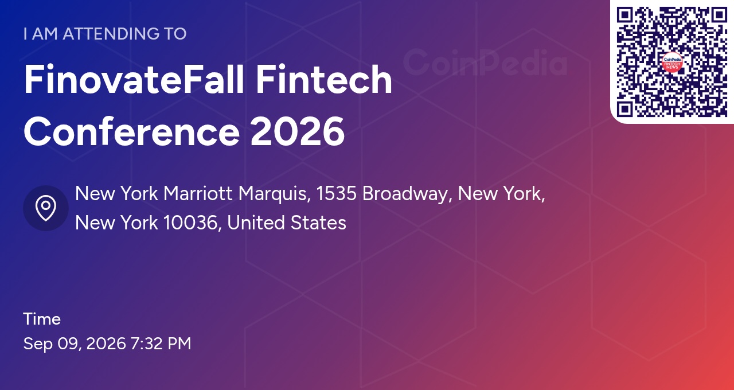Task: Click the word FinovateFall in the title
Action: pyautogui.click(x=134, y=79)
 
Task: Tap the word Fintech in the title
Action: pyautogui.click(x=324, y=79)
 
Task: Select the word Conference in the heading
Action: pyautogui.click(x=132, y=132)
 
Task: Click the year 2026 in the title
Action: pyautogui.click(x=298, y=132)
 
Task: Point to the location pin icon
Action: pyautogui.click(x=46, y=208)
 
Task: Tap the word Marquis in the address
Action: pyautogui.click(x=275, y=194)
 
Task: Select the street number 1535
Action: pyautogui.click(x=336, y=193)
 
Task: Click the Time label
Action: pyautogui.click(x=42, y=319)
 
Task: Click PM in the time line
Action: pyautogui.click(x=179, y=344)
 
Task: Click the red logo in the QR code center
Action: pyautogui.click(x=672, y=63)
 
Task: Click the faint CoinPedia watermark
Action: pyautogui.click(x=485, y=63)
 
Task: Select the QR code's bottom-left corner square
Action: pyautogui.click(x=625, y=109)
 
